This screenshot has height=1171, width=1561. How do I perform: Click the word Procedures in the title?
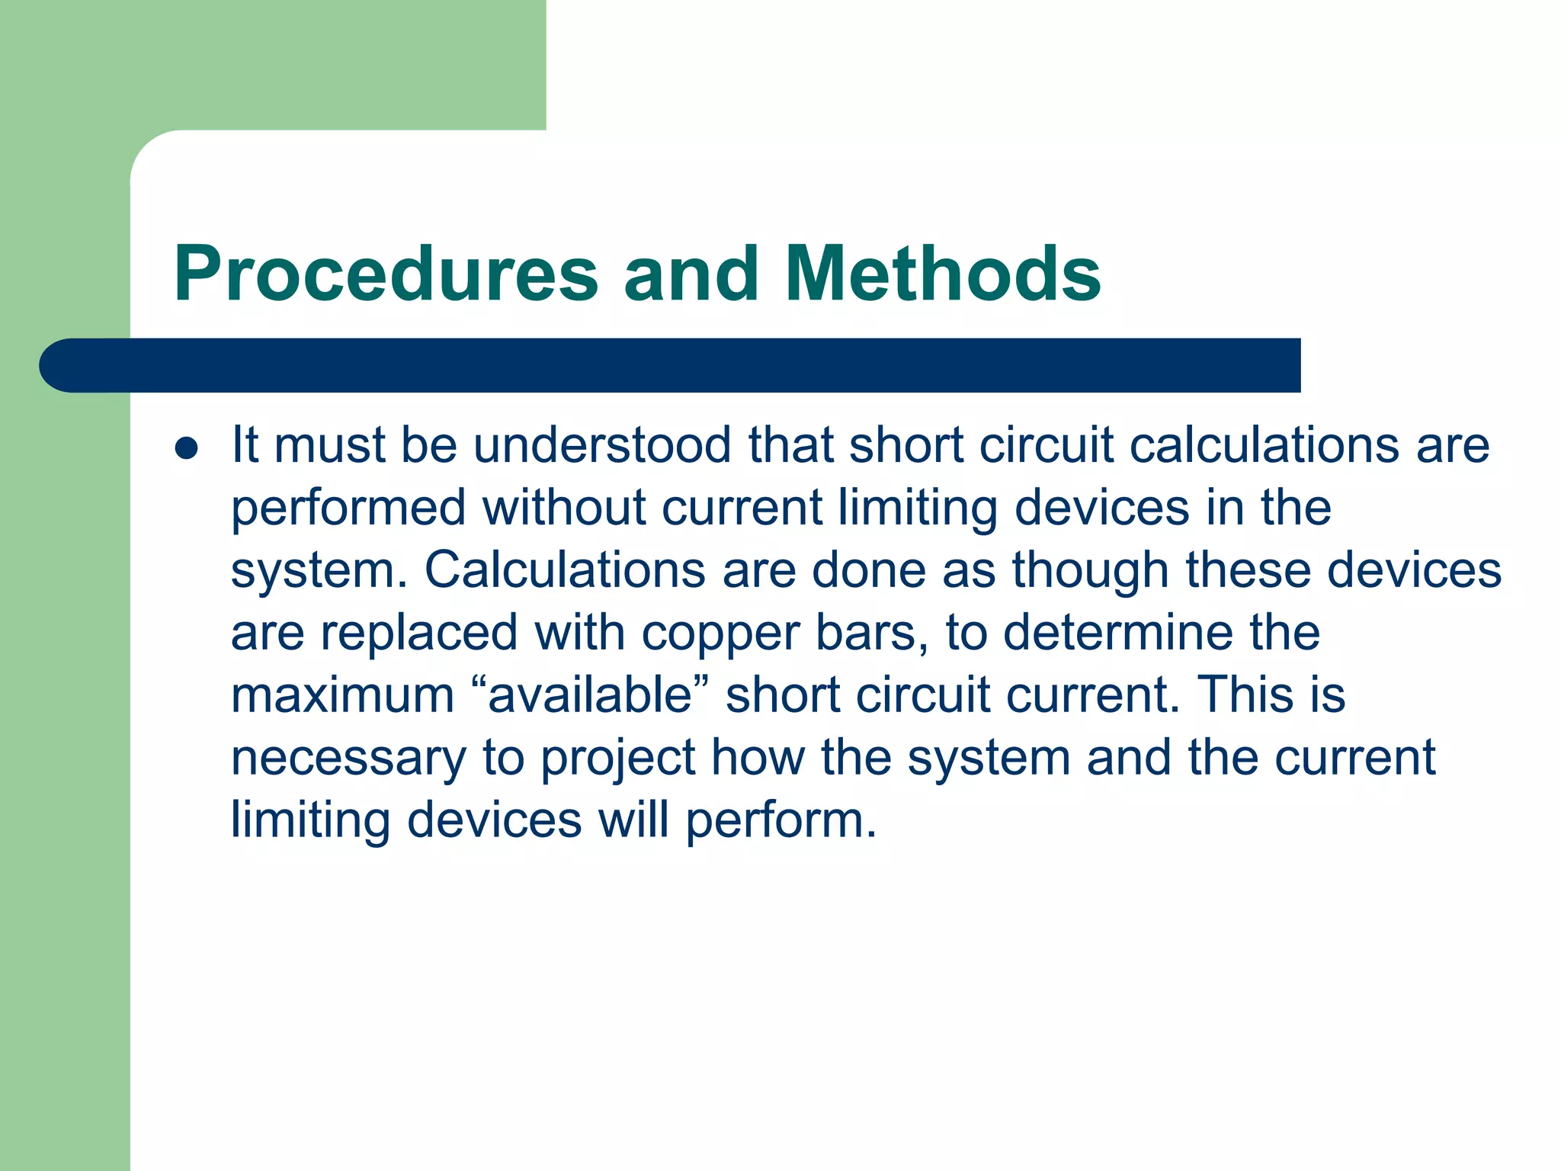386,274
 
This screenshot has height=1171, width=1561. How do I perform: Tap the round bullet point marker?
186,448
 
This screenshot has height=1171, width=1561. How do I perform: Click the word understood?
602,445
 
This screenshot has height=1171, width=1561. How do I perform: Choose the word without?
565,508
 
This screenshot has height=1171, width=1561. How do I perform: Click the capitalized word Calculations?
565,570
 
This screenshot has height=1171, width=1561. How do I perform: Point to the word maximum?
342,697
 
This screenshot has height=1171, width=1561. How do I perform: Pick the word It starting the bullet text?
245,445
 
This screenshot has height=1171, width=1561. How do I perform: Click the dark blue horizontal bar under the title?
671,365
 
